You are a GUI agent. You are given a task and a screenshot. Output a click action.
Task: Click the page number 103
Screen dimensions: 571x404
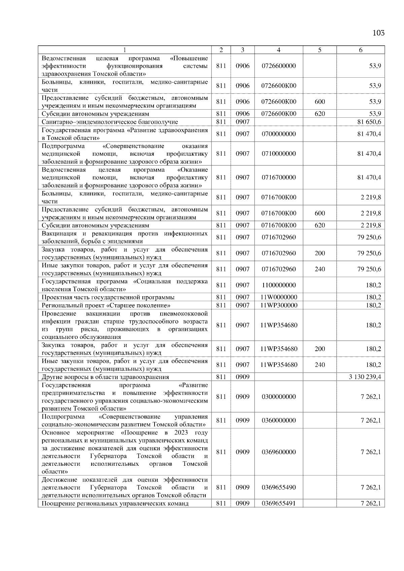click(x=378, y=33)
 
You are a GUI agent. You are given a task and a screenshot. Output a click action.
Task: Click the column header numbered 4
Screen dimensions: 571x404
click(x=278, y=50)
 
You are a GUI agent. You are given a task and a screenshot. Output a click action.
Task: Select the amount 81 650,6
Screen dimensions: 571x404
click(x=369, y=122)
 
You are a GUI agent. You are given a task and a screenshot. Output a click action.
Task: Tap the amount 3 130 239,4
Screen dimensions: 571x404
click(x=365, y=377)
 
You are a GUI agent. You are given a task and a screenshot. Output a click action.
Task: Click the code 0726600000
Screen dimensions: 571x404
click(x=278, y=66)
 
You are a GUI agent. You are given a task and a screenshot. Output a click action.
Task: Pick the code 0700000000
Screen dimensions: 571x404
click(x=278, y=134)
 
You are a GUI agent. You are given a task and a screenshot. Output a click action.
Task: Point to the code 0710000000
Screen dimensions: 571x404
click(x=278, y=154)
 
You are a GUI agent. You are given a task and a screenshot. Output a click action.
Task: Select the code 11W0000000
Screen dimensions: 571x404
click(x=278, y=297)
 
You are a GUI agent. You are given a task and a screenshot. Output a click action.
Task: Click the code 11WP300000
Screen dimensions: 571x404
click(x=278, y=305)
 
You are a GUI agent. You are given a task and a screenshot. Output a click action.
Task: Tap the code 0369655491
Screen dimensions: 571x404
click(x=278, y=503)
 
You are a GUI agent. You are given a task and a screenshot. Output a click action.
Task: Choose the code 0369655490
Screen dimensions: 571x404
click(x=278, y=487)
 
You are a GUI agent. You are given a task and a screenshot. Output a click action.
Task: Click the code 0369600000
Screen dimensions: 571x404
click(x=278, y=452)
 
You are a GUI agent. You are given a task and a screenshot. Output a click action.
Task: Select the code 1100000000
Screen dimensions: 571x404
click(x=278, y=285)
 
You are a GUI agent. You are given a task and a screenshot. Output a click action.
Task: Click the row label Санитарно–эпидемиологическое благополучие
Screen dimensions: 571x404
click(x=110, y=122)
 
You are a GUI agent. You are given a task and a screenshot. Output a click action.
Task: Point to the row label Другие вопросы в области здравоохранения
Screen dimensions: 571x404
click(x=105, y=377)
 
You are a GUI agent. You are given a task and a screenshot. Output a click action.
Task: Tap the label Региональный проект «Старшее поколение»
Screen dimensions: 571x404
click(x=106, y=305)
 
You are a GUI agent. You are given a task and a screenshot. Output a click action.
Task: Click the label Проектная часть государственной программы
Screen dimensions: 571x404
click(x=108, y=297)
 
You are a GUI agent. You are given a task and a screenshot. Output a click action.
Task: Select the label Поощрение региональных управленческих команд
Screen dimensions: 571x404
click(x=115, y=504)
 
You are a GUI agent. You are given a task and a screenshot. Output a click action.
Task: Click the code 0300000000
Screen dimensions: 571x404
click(x=278, y=397)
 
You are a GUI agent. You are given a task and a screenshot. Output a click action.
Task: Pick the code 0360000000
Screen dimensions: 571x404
click(x=278, y=420)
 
